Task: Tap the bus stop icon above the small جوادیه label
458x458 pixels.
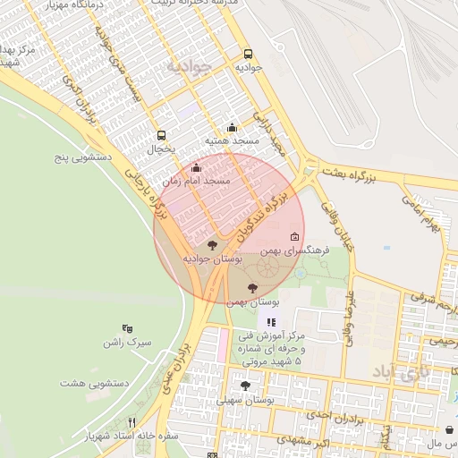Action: click(249, 53)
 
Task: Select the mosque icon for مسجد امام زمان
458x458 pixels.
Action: click(197, 166)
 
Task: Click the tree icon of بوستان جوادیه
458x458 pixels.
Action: click(212, 244)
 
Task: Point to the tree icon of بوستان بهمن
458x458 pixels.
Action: click(251, 288)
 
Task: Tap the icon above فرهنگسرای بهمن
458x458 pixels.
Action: click(294, 237)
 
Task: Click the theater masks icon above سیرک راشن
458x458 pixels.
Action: click(126, 328)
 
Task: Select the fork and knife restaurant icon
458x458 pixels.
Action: click(132, 422)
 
